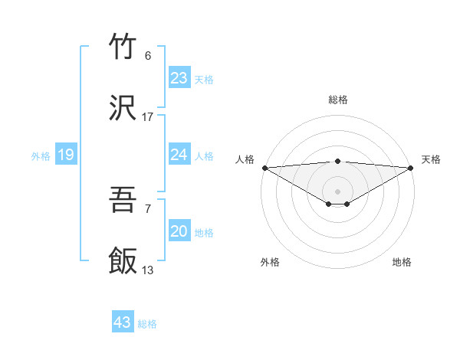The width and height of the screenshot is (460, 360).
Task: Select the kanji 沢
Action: [123, 107]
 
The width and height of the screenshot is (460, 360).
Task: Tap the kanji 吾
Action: [123, 201]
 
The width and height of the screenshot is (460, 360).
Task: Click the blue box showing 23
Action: [179, 78]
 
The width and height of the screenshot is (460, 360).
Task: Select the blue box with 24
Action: [179, 155]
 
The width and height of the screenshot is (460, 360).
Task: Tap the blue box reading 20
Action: [179, 231]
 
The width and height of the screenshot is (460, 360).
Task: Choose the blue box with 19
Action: [66, 155]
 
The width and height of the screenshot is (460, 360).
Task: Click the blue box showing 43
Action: [123, 322]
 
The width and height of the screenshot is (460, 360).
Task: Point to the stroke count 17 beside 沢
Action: [148, 116]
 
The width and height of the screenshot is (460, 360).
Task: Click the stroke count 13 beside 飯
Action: [148, 270]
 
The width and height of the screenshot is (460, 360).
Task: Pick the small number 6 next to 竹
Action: [148, 56]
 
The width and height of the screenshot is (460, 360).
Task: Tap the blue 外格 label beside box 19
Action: [41, 155]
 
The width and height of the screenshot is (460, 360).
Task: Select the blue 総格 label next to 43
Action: [147, 323]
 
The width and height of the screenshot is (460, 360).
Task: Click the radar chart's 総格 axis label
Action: [338, 100]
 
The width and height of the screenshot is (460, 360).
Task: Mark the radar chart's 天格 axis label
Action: [431, 159]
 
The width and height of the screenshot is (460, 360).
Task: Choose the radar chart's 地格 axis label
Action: [402, 262]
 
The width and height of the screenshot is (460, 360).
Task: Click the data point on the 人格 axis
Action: [264, 168]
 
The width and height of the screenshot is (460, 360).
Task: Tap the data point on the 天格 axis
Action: [412, 168]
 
